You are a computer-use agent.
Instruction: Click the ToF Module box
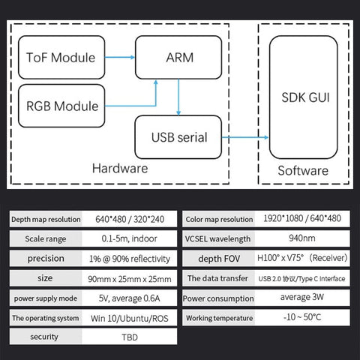[x=61, y=58]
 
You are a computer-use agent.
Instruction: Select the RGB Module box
[x=62, y=106]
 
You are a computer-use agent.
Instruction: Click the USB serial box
[x=178, y=137]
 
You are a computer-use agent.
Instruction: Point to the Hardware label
[x=119, y=168]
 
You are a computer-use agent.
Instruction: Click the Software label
[x=303, y=170]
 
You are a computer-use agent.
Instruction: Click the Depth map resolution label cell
[x=45, y=219]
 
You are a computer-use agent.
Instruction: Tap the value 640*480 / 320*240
[x=132, y=219]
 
